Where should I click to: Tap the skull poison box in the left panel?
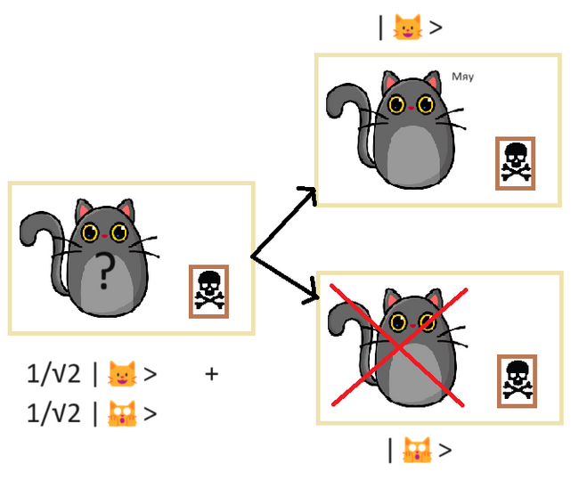pyautogui.click(x=208, y=290)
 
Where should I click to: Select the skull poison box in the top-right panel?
pyautogui.click(x=514, y=163)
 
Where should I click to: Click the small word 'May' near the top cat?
pyautogui.click(x=462, y=77)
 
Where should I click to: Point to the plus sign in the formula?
pyautogui.click(x=211, y=374)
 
